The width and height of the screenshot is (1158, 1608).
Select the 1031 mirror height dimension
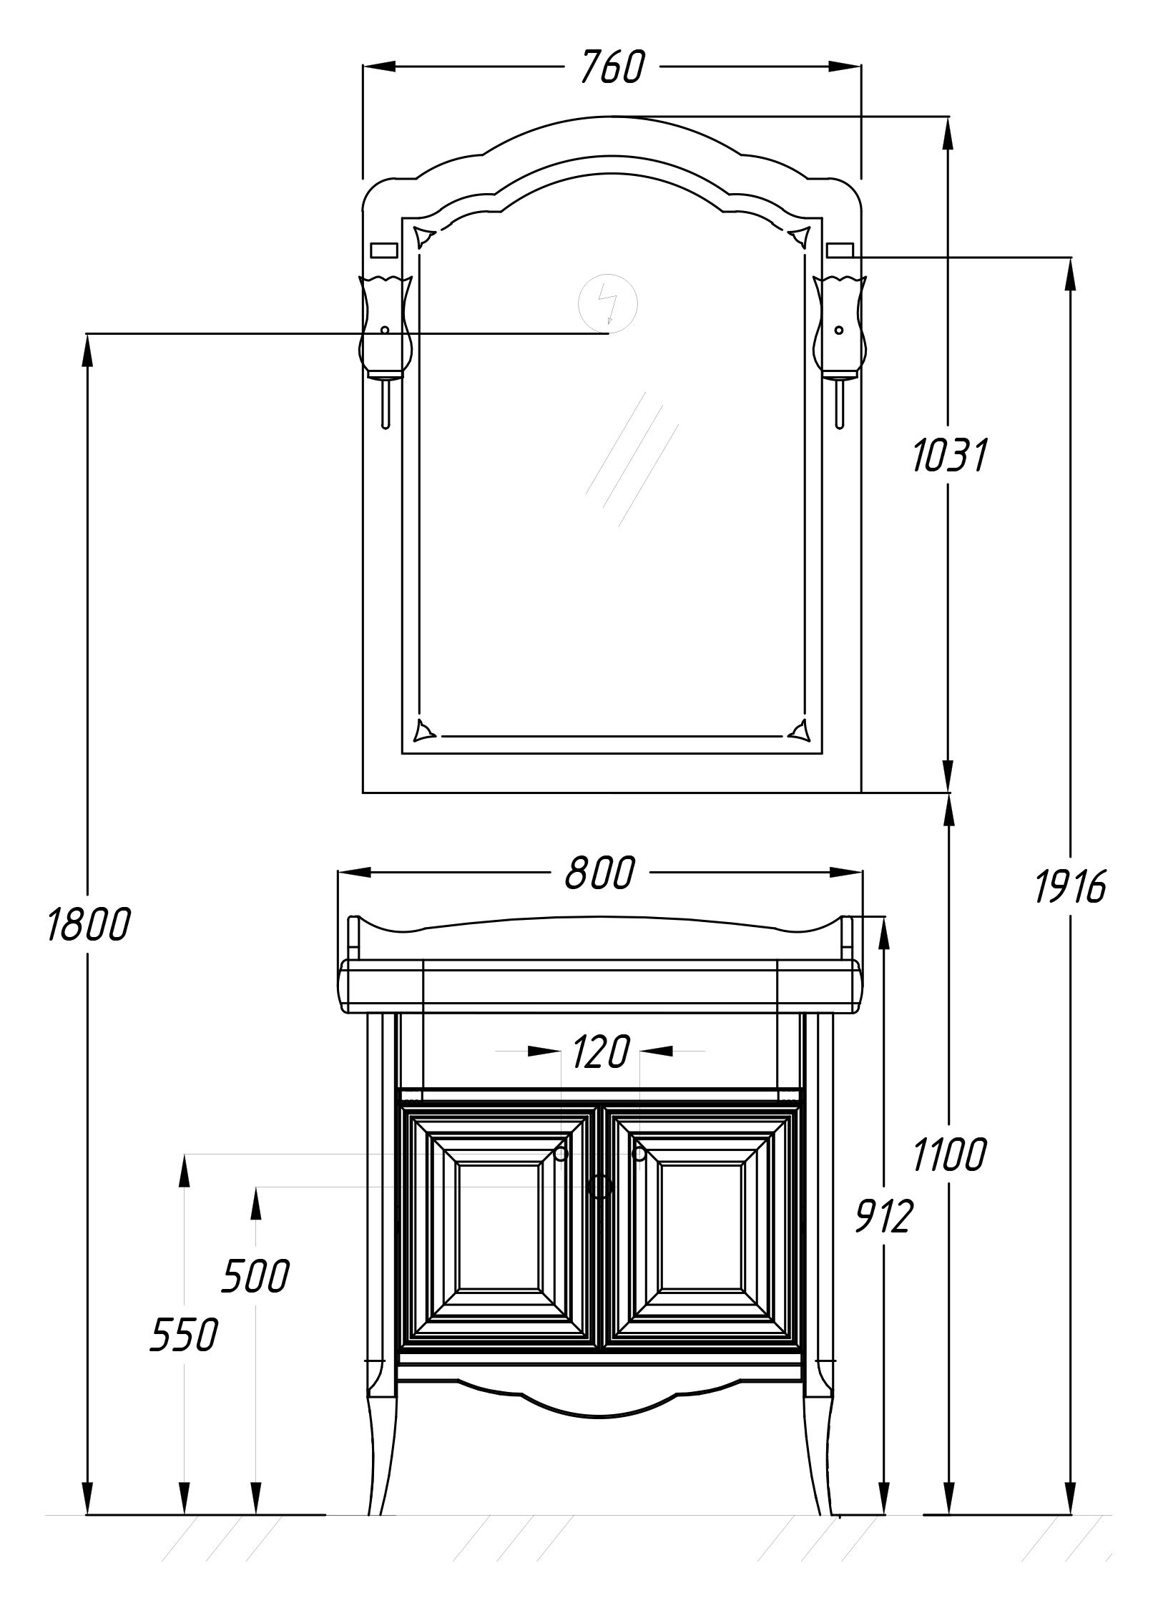pos(950,456)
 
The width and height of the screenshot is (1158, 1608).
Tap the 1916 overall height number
pos(1071,887)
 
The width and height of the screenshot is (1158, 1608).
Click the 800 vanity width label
pos(599,873)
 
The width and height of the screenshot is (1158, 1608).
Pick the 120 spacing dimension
pos(600,1051)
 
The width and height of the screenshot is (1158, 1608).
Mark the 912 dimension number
pos(884,1216)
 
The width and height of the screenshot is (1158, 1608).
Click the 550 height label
pos(184,1335)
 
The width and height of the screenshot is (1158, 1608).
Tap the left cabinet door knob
pos(561,1154)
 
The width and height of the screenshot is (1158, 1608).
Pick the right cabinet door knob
pos(639,1154)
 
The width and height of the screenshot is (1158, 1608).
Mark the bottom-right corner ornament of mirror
pos(800,730)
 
